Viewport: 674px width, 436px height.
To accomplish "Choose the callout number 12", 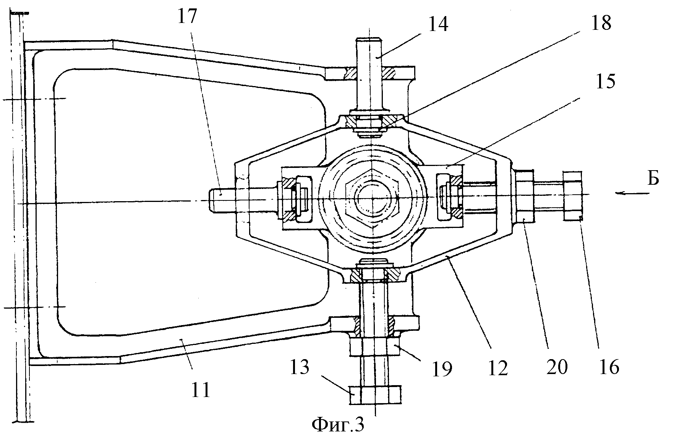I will [x=497, y=368].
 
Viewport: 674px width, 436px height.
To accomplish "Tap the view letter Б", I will [x=653, y=179].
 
